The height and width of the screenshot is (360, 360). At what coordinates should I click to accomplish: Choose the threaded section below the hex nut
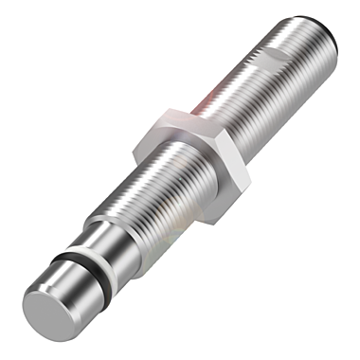point(152,204)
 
